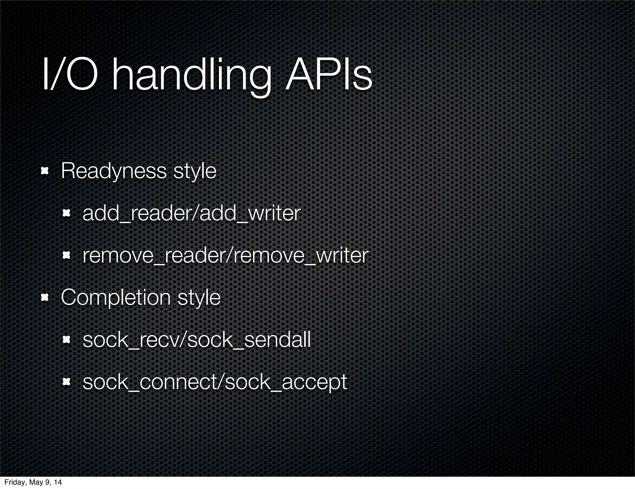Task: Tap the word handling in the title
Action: click(x=191, y=78)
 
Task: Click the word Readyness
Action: click(x=114, y=171)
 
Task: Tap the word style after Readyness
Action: click(x=195, y=171)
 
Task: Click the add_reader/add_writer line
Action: click(x=191, y=213)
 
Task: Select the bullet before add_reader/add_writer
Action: click(x=66, y=213)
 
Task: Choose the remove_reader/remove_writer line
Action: click(x=225, y=255)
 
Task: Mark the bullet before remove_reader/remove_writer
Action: click(x=66, y=255)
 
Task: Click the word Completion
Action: click(x=116, y=298)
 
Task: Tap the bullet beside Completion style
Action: click(x=45, y=298)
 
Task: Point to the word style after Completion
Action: click(x=199, y=298)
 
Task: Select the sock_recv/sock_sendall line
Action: click(x=197, y=340)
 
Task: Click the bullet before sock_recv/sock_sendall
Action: click(x=66, y=340)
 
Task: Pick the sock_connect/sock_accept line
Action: click(x=215, y=382)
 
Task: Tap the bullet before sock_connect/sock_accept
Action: click(x=66, y=382)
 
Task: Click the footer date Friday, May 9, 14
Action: click(x=33, y=482)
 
